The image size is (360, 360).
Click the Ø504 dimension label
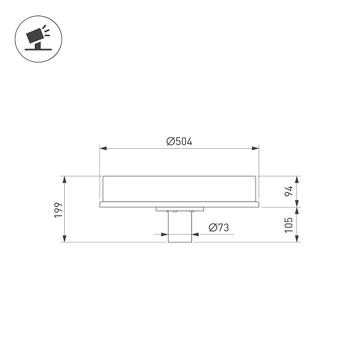[179, 142]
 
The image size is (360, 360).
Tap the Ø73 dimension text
[218, 227]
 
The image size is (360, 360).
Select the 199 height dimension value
[58, 210]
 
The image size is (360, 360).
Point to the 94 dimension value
[289, 191]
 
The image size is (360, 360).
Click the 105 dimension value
[289, 224]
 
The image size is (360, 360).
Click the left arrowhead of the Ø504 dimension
[103, 148]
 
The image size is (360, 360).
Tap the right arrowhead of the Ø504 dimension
[256, 148]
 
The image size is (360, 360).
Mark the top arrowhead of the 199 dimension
[62, 179]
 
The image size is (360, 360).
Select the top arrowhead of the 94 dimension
[296, 179]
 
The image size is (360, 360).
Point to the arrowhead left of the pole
[165, 235]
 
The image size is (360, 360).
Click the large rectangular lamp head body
[179, 188]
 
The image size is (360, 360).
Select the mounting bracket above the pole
[179, 209]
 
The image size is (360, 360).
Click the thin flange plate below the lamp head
[179, 205]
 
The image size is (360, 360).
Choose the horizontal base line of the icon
[37, 48]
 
